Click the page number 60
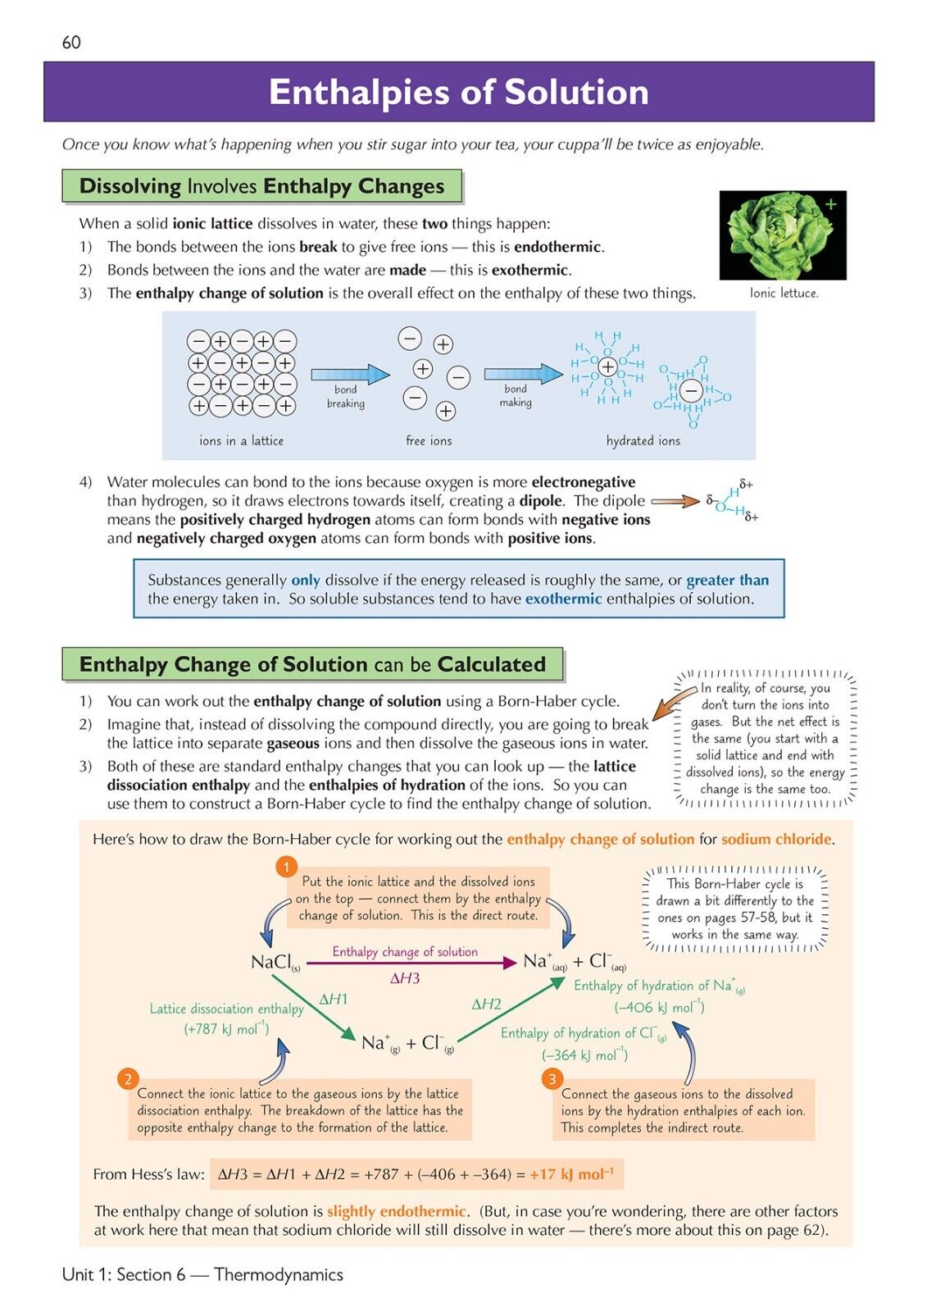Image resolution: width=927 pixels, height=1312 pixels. point(71,43)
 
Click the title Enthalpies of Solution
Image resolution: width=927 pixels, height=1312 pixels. point(458,92)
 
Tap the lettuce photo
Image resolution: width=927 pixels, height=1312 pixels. point(782,235)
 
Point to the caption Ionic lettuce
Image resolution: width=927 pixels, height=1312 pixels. point(784,293)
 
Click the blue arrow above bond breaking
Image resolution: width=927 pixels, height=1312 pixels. point(350,375)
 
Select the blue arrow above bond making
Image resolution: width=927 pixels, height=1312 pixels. point(522,374)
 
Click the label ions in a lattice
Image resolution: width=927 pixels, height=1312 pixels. point(241,440)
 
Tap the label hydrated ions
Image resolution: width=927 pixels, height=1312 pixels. point(643,440)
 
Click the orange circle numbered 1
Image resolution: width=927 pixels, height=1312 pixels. point(286,867)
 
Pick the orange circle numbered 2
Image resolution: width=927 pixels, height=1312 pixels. point(127,1078)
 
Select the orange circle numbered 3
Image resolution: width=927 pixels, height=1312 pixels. point(552,1078)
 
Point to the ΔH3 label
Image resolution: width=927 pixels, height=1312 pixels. point(405,978)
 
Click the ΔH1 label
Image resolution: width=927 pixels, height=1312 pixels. point(334,999)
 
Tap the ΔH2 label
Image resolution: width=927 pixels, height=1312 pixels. point(486,1004)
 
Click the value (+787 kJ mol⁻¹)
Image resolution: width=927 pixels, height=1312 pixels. point(226,1029)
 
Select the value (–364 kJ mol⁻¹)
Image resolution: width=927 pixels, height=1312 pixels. point(584,1055)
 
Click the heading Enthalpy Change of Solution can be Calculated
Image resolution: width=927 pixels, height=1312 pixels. point(312,664)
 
